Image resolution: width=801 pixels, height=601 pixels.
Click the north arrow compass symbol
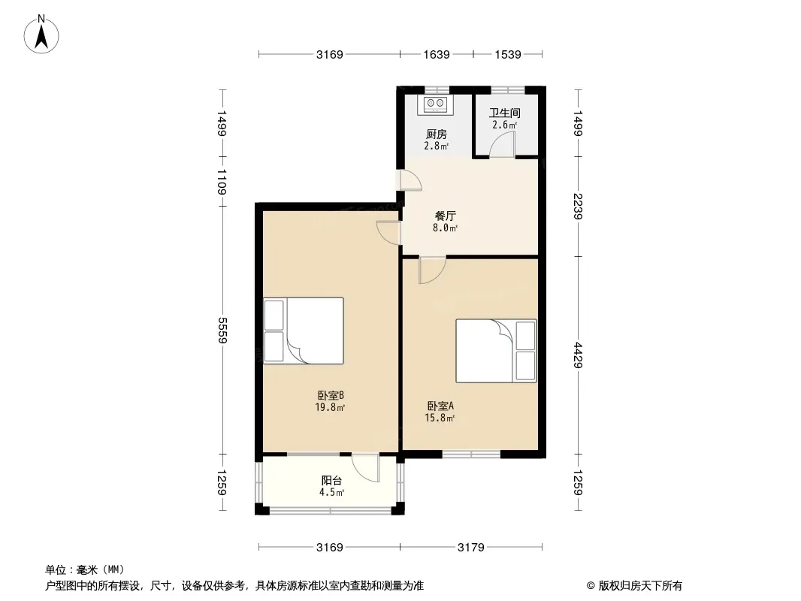coord(41,35)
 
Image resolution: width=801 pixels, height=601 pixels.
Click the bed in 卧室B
coord(304,331)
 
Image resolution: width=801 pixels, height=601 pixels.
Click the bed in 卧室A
coord(496,351)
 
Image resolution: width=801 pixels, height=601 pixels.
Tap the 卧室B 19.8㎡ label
coord(330,401)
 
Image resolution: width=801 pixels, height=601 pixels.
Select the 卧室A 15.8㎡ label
coord(440,412)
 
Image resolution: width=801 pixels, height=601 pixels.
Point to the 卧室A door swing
coord(432,270)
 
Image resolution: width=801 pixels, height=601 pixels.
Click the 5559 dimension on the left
coord(222,331)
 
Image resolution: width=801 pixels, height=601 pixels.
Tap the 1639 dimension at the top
coord(437,54)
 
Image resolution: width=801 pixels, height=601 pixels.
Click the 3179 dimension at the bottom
coord(470,548)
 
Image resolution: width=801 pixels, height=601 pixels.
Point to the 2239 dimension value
coord(578,207)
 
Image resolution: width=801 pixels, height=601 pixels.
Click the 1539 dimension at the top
coord(508,54)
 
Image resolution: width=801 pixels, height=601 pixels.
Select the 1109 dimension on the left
coord(222,182)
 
